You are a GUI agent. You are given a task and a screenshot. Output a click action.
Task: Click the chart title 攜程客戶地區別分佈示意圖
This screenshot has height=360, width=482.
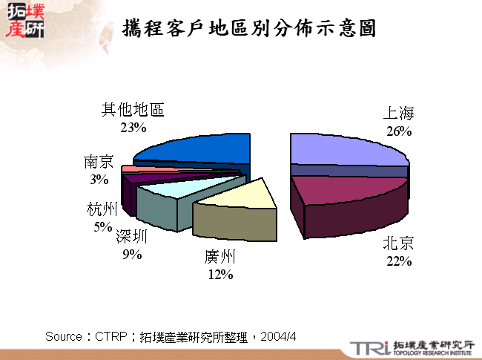pos(249,28)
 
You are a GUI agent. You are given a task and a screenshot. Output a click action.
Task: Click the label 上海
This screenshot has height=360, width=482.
pos(398,114)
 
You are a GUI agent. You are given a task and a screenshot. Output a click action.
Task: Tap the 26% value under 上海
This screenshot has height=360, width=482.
pos(398,131)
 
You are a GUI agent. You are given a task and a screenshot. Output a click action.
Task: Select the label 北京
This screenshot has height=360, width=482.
pos(398,243)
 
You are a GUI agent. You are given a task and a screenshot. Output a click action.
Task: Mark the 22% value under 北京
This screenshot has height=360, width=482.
pos(398,261)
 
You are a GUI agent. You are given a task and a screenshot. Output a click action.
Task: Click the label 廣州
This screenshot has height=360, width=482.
pos(220,258)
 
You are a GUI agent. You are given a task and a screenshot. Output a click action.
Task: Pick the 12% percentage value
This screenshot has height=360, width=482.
pos(220,275)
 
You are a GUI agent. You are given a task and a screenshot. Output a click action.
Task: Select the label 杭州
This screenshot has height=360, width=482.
pos(102,210)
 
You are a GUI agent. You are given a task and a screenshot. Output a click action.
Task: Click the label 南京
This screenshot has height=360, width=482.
pos(99,162)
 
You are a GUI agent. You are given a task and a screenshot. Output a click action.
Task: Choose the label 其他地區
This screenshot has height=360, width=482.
pos(133,110)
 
